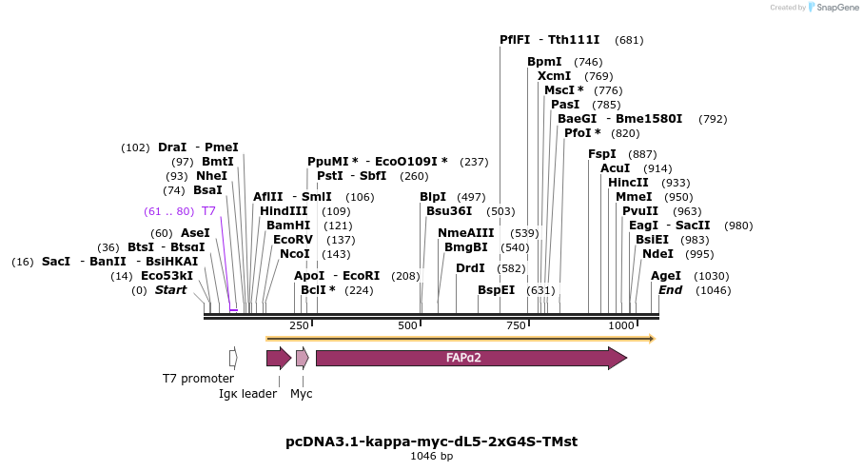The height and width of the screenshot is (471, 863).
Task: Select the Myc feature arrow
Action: tap(302, 359)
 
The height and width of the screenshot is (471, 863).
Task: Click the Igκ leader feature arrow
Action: tap(278, 359)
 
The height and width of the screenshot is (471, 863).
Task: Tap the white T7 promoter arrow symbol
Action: tap(233, 359)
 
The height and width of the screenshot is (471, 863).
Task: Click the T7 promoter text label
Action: tap(198, 379)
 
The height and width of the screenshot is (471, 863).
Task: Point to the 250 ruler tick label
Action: tap(299, 325)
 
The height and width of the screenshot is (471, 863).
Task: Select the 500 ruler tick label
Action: tap(407, 325)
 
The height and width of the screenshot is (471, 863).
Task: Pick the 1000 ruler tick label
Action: tap(621, 325)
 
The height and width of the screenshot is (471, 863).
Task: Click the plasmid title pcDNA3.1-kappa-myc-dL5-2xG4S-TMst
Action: tap(431, 442)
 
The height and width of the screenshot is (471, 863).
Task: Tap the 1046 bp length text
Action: tap(431, 457)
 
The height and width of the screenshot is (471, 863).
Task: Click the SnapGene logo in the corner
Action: tap(814, 8)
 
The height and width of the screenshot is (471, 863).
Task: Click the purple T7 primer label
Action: tap(208, 210)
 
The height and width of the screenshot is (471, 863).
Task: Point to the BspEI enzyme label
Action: tap(496, 290)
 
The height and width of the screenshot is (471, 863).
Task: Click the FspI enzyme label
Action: tap(602, 153)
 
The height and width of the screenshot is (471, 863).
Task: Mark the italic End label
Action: tap(670, 290)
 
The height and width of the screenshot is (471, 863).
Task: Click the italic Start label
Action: tap(171, 290)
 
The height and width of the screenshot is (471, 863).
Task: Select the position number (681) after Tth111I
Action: tap(629, 40)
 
